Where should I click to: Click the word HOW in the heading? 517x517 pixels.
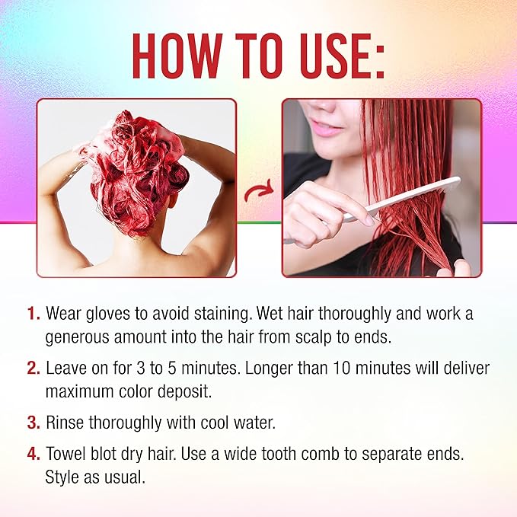click(177, 56)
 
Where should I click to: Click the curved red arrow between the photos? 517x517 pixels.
click(259, 191)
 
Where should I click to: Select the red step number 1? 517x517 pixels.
click(34, 314)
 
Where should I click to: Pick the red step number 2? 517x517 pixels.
click(34, 369)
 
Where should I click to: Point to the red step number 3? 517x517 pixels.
click(34, 423)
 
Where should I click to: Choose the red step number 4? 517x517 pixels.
click(34, 454)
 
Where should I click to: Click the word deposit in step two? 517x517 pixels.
click(184, 392)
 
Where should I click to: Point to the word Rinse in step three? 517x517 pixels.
click(65, 423)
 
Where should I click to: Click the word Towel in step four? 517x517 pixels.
click(65, 454)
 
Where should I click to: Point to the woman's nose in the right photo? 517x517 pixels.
click(323, 106)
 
